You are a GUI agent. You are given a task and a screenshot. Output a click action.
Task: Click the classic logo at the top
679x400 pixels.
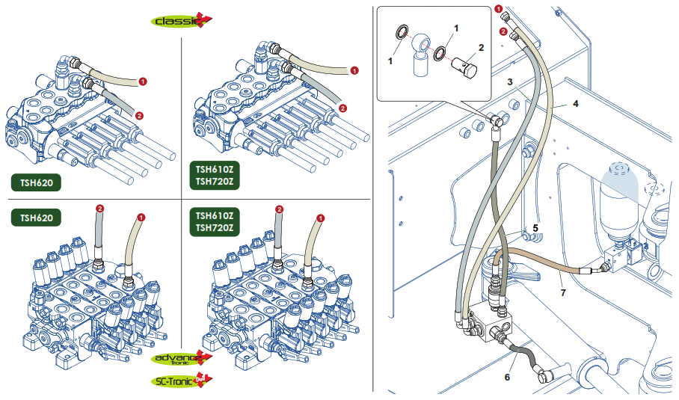coord(182,20)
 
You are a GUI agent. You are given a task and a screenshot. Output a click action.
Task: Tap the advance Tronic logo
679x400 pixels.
coord(182,358)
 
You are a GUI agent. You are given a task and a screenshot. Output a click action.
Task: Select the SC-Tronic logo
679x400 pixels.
coord(182,381)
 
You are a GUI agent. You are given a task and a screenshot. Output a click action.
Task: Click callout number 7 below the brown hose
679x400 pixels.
coord(563,292)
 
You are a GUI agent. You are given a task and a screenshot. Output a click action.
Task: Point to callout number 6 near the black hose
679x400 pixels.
coord(508,377)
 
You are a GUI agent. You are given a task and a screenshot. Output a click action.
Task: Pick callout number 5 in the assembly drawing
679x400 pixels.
coord(535,228)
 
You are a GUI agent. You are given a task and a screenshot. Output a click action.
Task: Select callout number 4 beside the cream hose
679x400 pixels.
coord(576,103)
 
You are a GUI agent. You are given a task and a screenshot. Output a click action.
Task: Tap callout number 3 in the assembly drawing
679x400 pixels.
coord(510,81)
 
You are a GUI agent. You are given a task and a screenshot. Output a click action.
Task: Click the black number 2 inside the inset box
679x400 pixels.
coord(481,47)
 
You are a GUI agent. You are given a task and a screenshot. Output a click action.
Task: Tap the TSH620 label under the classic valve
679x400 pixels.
coord(37,182)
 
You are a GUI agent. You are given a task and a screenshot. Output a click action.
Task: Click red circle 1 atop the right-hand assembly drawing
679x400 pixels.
coord(499,8)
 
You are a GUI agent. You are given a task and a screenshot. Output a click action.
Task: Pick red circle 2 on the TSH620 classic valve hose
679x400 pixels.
coord(139,116)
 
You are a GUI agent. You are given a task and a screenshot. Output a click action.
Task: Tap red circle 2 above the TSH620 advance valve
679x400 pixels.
coord(100,209)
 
